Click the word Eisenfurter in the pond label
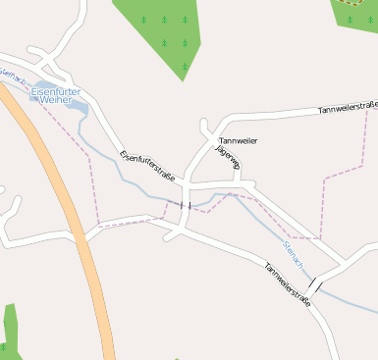pos(55,92)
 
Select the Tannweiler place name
pos(238,141)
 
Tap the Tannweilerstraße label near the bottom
pos(287,284)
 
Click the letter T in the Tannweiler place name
pos(221,141)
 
